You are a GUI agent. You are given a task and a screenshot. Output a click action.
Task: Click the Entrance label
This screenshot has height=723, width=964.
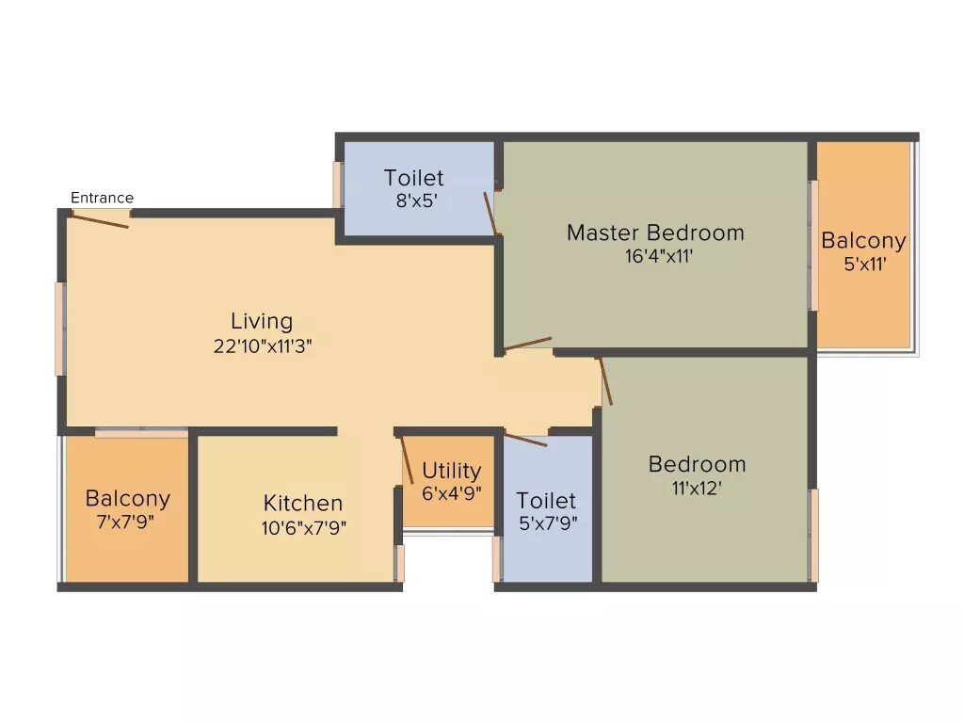(x=102, y=198)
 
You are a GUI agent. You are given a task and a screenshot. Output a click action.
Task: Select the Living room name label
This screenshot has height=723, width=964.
(x=262, y=321)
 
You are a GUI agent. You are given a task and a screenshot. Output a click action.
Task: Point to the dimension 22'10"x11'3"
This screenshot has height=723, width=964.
(x=262, y=345)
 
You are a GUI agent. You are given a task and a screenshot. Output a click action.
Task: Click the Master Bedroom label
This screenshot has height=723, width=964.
(x=655, y=233)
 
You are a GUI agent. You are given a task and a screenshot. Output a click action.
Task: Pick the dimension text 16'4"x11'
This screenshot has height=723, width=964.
(x=659, y=256)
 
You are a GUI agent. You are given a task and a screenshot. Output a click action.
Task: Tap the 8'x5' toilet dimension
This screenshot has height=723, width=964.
(x=414, y=200)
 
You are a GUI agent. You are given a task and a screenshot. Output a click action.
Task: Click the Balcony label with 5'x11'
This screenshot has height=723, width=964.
(x=863, y=240)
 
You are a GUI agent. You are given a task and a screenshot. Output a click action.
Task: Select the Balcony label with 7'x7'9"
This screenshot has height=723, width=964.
(x=128, y=498)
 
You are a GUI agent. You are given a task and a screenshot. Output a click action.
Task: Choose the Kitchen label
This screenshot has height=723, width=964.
(x=302, y=504)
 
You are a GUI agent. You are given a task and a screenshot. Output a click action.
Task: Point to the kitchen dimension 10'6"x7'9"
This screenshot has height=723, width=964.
(x=304, y=527)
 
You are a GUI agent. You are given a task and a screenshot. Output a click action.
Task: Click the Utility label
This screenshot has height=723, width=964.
(x=451, y=470)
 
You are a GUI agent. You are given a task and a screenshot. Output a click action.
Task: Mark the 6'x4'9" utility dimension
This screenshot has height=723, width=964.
(x=452, y=491)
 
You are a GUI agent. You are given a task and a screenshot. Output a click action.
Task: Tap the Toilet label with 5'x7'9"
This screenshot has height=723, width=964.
(x=546, y=501)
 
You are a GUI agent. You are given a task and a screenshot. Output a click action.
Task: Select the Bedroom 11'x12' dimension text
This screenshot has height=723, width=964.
(x=698, y=488)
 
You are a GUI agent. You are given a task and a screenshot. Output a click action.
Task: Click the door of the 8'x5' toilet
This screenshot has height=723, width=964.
(x=490, y=213)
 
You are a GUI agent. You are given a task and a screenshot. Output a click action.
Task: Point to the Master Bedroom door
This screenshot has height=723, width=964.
(x=527, y=344)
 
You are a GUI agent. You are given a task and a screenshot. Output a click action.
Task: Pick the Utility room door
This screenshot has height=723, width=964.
(x=407, y=461)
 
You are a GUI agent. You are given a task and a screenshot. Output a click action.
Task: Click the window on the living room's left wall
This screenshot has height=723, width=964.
(x=60, y=329)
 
